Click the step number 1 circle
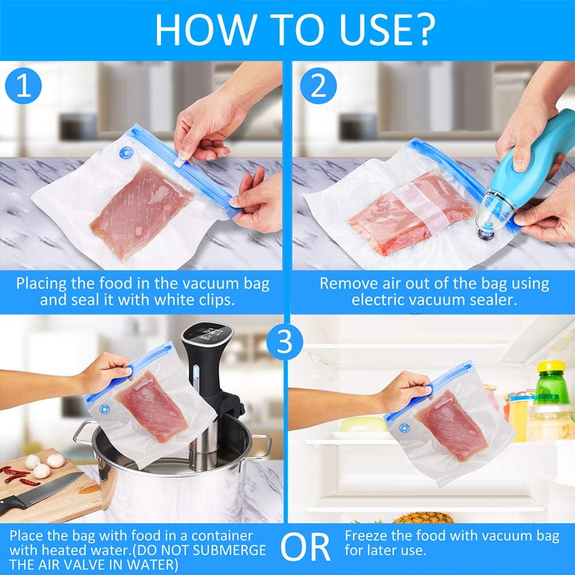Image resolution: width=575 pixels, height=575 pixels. coord(24,86)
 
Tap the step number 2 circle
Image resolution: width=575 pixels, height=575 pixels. coord(319,86)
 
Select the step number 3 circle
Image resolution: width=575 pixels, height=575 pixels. coord(285,342)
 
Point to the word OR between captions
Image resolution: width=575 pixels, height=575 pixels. coord(305,547)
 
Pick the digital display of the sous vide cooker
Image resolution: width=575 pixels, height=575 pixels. coord(208,335)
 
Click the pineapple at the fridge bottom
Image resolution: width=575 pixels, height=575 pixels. coord(424,517)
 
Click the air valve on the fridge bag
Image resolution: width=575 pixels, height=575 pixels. coord(404,428)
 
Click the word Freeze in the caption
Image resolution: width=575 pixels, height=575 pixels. coord(367,536)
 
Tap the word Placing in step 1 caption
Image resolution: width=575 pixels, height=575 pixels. coord(41,284)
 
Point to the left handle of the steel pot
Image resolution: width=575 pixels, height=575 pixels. coord(82,433)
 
